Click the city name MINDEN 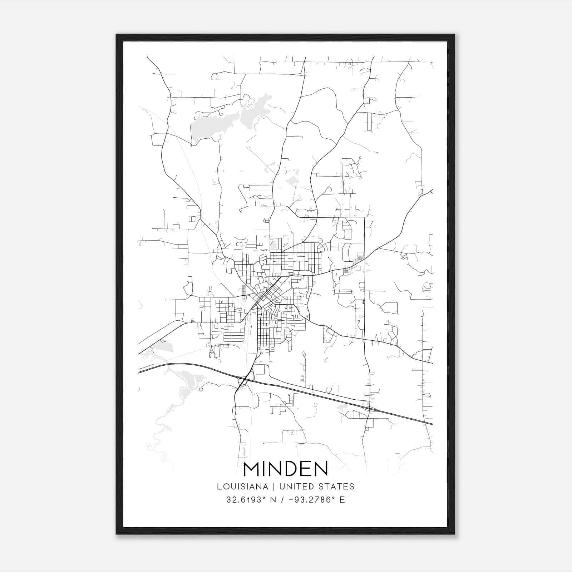pos(285,469)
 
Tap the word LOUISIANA pos(242,487)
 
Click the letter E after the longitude pos(342,500)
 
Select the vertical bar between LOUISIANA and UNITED pos(274,487)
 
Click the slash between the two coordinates pos(282,500)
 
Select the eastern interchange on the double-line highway pos(368,408)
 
